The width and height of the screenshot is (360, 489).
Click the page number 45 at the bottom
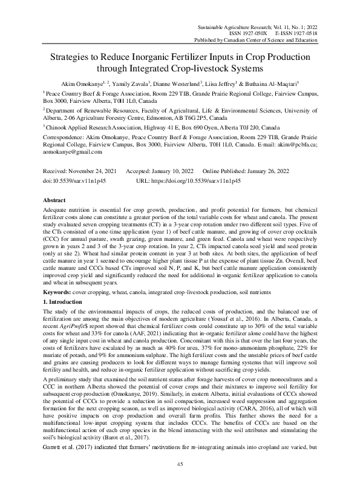click(180, 464)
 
